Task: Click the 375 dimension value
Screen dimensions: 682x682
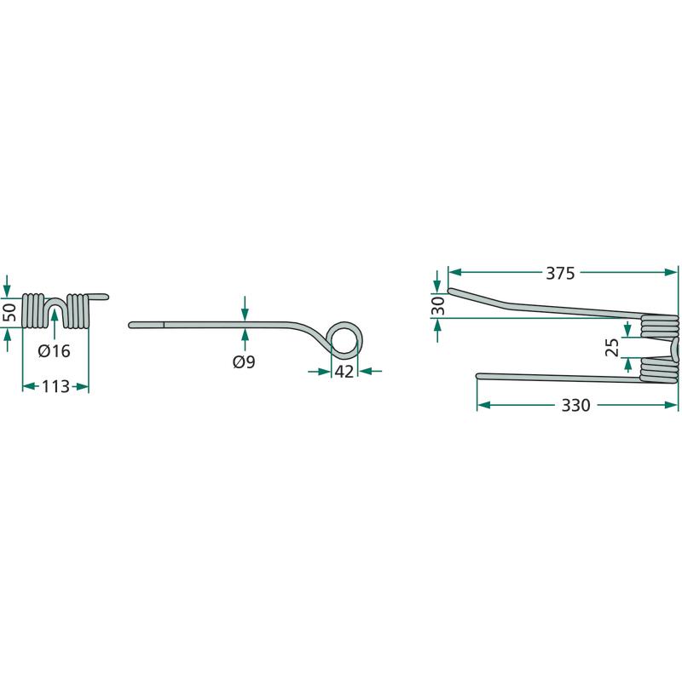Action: (560, 274)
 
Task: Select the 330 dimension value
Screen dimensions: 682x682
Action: (575, 406)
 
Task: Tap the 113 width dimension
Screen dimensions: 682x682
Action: (55, 386)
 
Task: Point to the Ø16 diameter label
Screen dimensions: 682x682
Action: (54, 351)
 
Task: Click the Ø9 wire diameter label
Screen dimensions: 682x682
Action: (244, 361)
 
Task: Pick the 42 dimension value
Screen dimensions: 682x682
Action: (344, 372)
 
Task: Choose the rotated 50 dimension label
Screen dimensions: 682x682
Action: (10, 312)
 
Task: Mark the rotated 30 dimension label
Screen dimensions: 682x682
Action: (438, 306)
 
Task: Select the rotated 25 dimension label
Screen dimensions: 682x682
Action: (612, 347)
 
